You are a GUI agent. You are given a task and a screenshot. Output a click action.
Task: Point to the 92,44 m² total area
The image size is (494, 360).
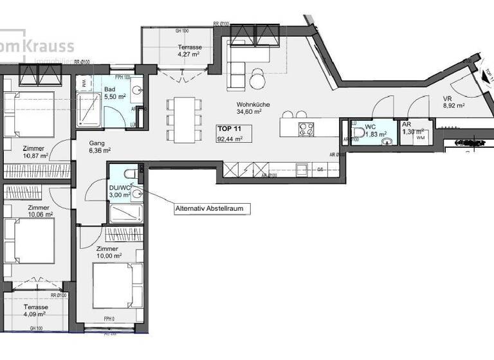tap(229, 139)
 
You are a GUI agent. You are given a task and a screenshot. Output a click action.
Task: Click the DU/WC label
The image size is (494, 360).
tap(120, 187)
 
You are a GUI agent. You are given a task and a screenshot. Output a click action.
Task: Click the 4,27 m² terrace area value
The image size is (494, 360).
tap(190, 55)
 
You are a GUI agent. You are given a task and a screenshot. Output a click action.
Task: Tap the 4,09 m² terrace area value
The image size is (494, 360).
tap(35, 314)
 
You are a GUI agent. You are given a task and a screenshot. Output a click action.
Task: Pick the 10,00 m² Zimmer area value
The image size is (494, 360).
tap(107, 256)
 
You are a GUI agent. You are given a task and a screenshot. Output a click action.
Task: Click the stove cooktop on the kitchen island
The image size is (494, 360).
tap(305, 129)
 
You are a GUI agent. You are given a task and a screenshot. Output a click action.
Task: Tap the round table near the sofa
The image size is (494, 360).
tap(257, 80)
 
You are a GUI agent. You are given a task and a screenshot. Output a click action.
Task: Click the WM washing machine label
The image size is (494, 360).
tap(421, 138)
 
